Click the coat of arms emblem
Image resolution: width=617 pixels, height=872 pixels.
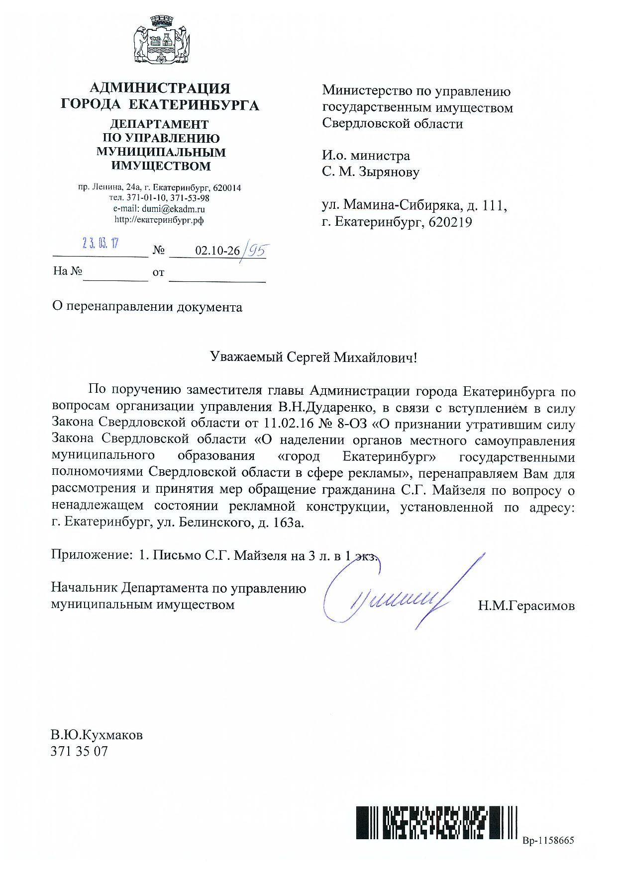[x=160, y=41]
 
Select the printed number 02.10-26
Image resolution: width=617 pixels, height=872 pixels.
[x=217, y=251]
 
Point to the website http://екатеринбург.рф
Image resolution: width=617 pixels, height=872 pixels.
[x=159, y=220]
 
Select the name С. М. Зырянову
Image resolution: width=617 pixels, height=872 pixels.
[x=371, y=172]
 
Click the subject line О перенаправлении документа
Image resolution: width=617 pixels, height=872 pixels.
[x=147, y=307]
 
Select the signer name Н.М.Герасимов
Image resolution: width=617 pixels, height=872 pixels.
[x=526, y=606]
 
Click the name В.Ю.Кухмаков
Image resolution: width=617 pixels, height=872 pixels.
[x=97, y=735]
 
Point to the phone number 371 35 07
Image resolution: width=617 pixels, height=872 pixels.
[x=79, y=751]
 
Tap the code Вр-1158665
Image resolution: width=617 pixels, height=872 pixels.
[x=548, y=841]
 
